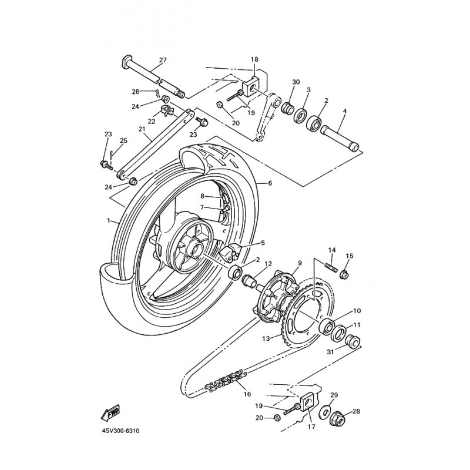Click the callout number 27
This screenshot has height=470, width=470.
[x=163, y=60]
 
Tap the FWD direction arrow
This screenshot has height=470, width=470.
[x=112, y=415]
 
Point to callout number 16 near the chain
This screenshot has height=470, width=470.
[x=246, y=395]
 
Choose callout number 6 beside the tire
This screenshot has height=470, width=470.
[x=270, y=183]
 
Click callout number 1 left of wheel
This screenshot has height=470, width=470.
[x=108, y=221]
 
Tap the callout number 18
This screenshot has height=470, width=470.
[x=254, y=59]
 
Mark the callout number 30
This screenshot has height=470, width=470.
[x=296, y=82]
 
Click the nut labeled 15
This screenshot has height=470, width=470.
[x=345, y=274]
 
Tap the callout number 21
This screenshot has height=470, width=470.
[x=142, y=129]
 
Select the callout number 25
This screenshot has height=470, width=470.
[x=123, y=140]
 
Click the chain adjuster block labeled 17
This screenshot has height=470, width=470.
[x=308, y=405]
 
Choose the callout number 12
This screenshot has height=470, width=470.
[x=267, y=264]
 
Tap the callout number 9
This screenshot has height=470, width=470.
[x=298, y=263]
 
